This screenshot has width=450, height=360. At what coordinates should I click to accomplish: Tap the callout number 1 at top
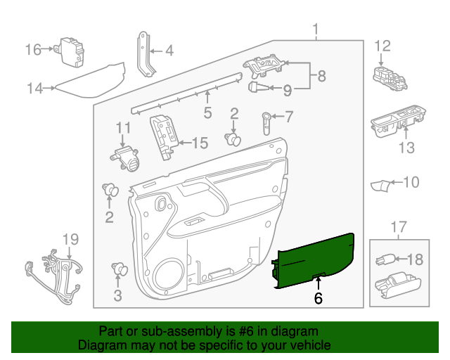pyautogui.click(x=316, y=30)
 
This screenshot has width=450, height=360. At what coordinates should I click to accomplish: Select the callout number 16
pyautogui.click(x=34, y=49)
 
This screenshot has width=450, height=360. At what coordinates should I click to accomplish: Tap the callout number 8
pyautogui.click(x=321, y=75)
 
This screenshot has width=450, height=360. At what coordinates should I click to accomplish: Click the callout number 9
pyautogui.click(x=287, y=90)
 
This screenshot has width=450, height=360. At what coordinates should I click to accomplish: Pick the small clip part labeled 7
pyautogui.click(x=267, y=121)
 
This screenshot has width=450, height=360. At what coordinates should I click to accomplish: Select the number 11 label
pyautogui.click(x=124, y=127)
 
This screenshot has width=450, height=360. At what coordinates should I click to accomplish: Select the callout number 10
pyautogui.click(x=410, y=183)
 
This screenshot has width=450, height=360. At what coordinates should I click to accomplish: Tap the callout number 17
pyautogui.click(x=399, y=227)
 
